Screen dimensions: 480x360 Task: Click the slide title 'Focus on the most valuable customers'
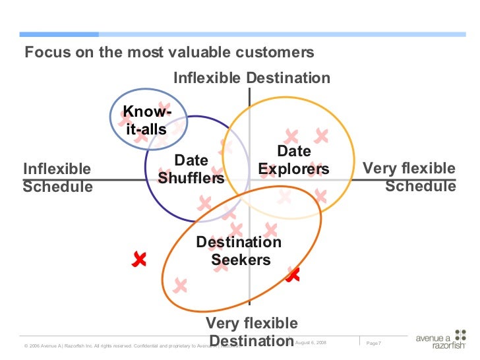tap(169, 53)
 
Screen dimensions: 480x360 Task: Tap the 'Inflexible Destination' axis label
tap(251, 78)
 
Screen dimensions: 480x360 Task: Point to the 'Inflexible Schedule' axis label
tap(57, 178)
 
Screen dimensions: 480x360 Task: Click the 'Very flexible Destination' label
tap(251, 332)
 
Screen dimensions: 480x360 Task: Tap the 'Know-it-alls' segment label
tap(146, 121)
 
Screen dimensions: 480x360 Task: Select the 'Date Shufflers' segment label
tap(191, 169)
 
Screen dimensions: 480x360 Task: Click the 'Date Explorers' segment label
tap(293, 160)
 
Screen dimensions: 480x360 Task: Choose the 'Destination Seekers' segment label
tap(240, 251)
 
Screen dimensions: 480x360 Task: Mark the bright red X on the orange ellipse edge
tap(292, 274)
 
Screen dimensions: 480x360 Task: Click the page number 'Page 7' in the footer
tap(373, 343)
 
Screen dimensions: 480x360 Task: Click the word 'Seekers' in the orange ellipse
tap(241, 260)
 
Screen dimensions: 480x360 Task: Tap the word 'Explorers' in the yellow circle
tap(293, 169)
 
